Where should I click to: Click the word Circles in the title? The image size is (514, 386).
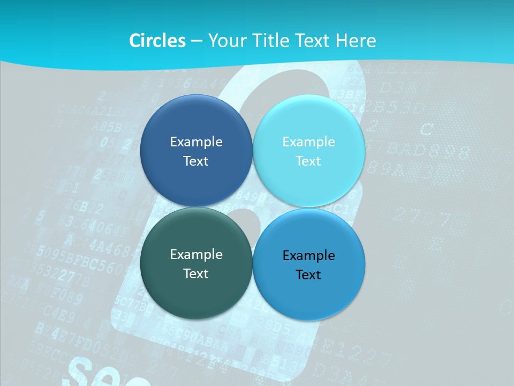point(157,41)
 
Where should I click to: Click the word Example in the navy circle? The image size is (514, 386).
point(196,142)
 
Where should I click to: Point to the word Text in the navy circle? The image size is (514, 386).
point(196,161)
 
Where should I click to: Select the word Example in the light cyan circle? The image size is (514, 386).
point(308,142)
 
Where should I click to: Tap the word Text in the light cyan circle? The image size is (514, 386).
point(308,161)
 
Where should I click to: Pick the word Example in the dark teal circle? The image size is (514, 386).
point(196,254)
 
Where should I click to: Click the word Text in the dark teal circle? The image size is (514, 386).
point(196,273)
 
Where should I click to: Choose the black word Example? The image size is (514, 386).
point(308,255)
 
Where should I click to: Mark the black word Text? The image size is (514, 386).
point(308,274)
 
